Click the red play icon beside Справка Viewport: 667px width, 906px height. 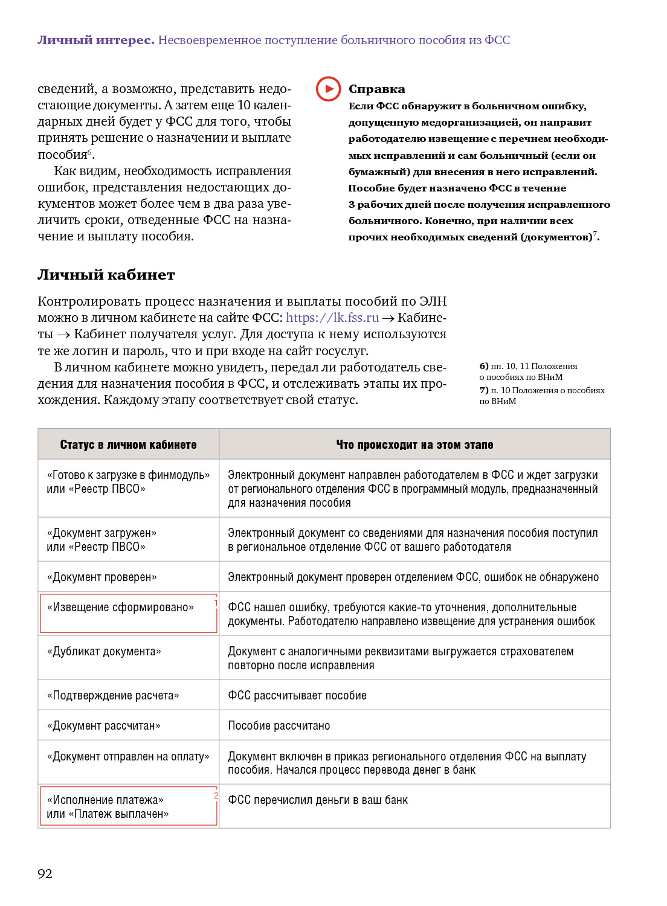[x=328, y=89]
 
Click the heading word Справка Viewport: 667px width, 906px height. [x=376, y=89]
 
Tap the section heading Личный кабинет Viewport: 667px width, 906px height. [x=106, y=275]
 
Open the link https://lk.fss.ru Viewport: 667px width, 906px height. [x=332, y=318]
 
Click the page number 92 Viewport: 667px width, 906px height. [x=45, y=873]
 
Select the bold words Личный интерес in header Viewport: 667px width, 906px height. [x=96, y=40]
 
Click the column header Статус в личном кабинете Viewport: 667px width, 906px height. [x=128, y=445]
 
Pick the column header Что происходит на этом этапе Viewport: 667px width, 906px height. [x=414, y=445]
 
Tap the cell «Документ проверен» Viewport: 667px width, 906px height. [x=102, y=577]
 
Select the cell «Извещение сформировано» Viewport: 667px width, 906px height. [x=121, y=607]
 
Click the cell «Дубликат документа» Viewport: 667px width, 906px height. [x=104, y=651]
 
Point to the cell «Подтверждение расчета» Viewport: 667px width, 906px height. [x=113, y=695]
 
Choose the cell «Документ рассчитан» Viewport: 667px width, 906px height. [x=104, y=725]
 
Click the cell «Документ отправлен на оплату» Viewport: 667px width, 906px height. [x=128, y=756]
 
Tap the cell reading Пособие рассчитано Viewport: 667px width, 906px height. [x=279, y=725]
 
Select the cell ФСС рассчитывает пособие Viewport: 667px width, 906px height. [x=297, y=695]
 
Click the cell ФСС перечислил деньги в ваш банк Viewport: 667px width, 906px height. [x=318, y=800]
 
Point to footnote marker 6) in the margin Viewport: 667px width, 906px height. [x=484, y=366]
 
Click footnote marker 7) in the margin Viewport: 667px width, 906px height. [x=484, y=390]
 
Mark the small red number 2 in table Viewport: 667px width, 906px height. [x=216, y=795]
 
